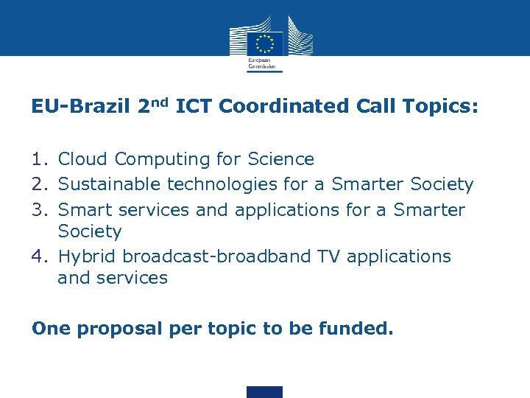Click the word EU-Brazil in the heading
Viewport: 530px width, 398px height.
coord(80,107)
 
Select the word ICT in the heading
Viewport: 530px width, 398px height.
coord(194,107)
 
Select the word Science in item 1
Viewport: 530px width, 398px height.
coord(280,159)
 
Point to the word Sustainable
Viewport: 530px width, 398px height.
coord(110,184)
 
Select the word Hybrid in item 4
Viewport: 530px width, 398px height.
coord(88,257)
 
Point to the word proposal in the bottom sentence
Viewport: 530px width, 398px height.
coord(121,329)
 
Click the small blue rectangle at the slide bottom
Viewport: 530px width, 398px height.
coord(264,391)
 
